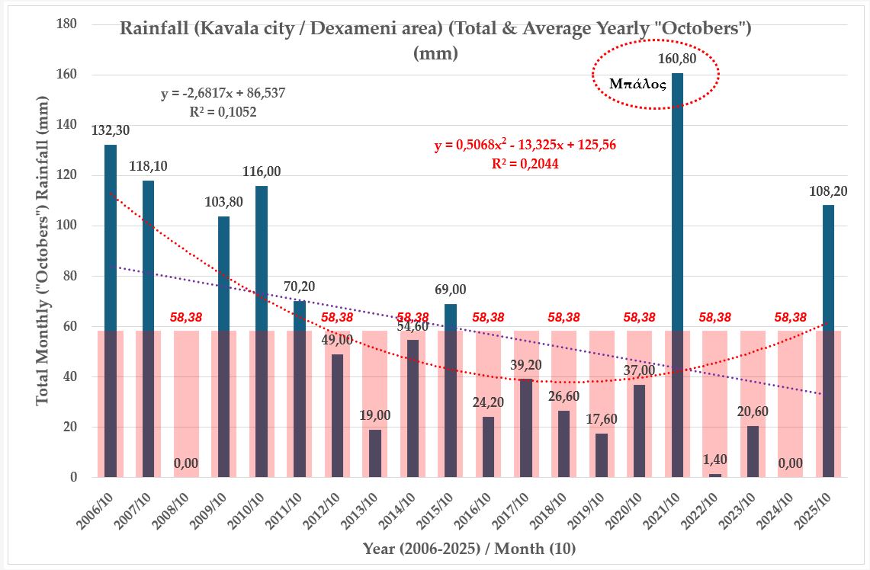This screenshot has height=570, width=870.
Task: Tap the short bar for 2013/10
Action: pos(375,453)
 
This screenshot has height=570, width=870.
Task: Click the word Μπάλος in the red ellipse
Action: pos(638,84)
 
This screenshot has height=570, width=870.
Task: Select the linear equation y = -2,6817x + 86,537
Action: pos(223,94)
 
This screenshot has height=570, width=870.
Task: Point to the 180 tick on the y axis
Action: pos(67,24)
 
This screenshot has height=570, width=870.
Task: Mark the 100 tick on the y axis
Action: pos(67,226)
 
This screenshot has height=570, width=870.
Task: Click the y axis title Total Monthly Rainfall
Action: pos(43,251)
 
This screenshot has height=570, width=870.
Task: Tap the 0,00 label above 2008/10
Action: pos(186,463)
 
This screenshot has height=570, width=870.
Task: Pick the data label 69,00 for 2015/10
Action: pos(451,290)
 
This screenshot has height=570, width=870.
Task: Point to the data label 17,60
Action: pos(602,420)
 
